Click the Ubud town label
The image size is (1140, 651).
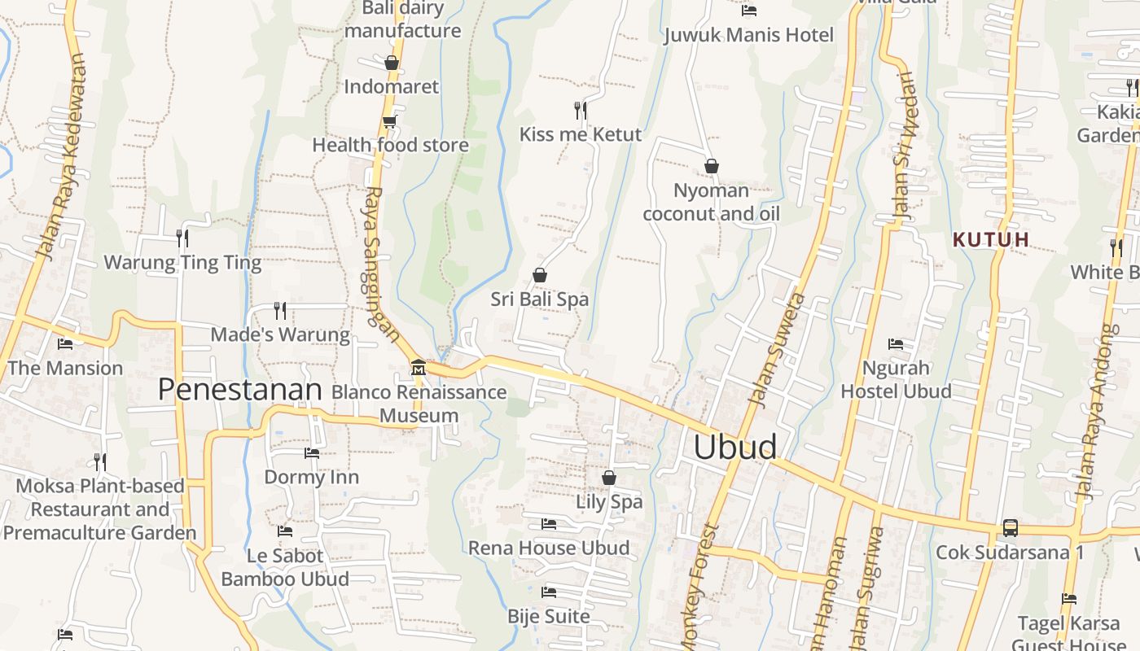tap(734, 448)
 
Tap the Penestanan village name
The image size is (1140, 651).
tap(239, 390)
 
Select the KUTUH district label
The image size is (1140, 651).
tap(990, 239)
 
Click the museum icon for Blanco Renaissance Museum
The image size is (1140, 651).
tap(419, 368)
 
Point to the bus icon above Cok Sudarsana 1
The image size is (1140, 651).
tap(1010, 527)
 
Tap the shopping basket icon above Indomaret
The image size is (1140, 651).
tap(391, 63)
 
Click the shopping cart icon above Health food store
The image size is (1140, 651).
tap(389, 121)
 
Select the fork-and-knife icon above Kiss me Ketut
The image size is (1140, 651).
tap(581, 110)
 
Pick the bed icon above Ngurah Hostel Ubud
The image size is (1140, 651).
tap(896, 344)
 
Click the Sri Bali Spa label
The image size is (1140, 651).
tap(539, 299)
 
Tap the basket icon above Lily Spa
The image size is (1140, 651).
tap(608, 478)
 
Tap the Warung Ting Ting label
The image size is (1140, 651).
tap(182, 263)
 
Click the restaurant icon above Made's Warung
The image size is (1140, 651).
tap(280, 310)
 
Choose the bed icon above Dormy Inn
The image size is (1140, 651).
tap(311, 453)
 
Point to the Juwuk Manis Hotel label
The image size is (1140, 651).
tap(748, 35)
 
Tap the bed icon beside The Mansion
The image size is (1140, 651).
tap(65, 344)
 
